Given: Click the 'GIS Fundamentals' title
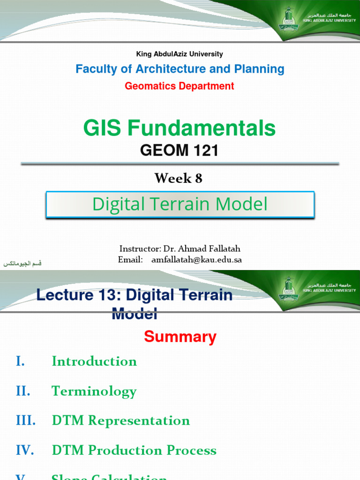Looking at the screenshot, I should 180,127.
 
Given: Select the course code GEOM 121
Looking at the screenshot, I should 180,150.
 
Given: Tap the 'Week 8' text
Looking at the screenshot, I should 179,178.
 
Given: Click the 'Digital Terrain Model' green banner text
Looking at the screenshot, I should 180,204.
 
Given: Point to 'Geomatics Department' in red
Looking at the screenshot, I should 180,86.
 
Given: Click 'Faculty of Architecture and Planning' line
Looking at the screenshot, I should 180,69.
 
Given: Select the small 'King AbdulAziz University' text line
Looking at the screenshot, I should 180,54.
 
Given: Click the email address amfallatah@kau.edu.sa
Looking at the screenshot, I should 196,260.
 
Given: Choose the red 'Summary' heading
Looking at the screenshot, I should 180,337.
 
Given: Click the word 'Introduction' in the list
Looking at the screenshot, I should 94,361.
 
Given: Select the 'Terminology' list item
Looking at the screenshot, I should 94,391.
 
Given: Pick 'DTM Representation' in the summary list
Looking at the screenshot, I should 120,420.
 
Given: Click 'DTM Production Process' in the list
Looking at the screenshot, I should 134,450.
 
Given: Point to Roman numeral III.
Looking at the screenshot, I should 25,420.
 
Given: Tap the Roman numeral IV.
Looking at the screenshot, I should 25,450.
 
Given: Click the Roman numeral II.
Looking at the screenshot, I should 23,391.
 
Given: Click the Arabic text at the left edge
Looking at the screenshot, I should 22,264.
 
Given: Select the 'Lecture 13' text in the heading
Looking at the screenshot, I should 73,295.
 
